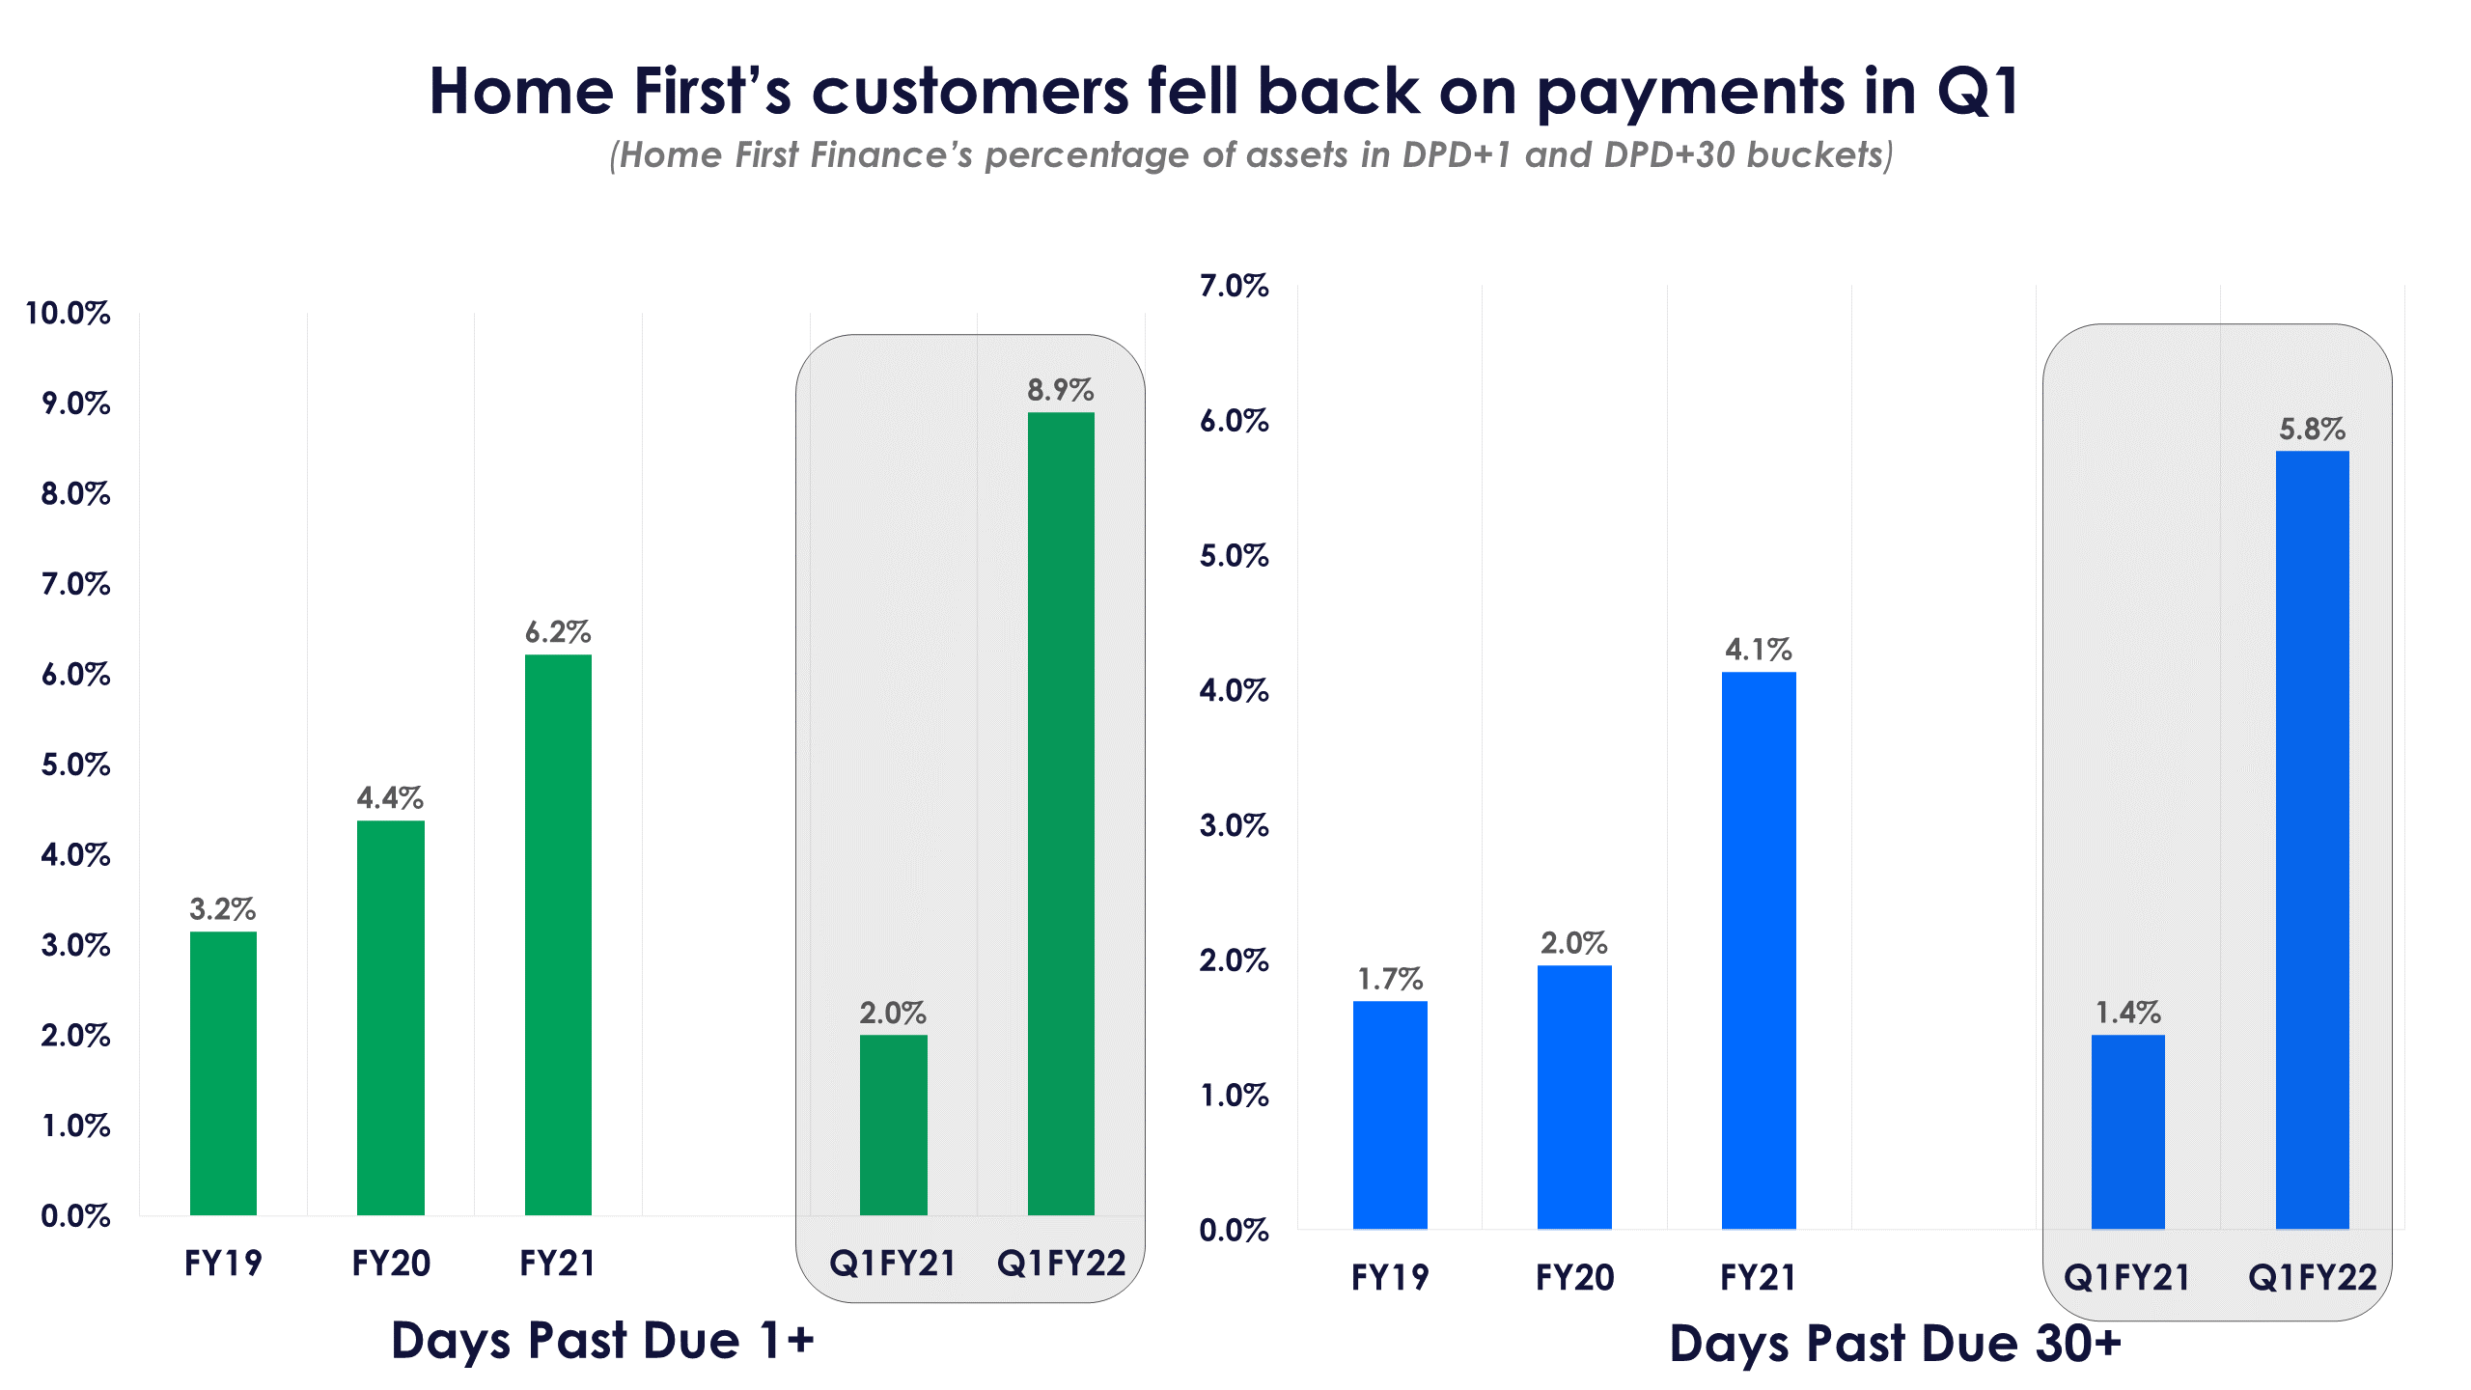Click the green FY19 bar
(x=223, y=1072)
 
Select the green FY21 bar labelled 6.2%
(x=558, y=934)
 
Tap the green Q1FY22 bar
(x=1061, y=813)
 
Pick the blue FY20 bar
(x=1574, y=1097)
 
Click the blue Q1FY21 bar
(x=2127, y=1131)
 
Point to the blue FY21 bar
(x=1759, y=950)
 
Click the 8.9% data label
(x=1060, y=390)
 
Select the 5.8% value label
(x=2312, y=429)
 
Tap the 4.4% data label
(x=390, y=797)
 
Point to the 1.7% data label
(x=1390, y=979)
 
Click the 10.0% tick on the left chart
(x=68, y=313)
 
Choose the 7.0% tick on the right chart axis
(x=1234, y=286)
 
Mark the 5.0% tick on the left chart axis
(x=75, y=764)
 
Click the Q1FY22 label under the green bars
(x=1061, y=1263)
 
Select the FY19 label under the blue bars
(x=1390, y=1277)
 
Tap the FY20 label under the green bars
(x=390, y=1263)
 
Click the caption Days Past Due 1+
(x=602, y=1340)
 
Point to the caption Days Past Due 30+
(x=1895, y=1343)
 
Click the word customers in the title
(x=970, y=92)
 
